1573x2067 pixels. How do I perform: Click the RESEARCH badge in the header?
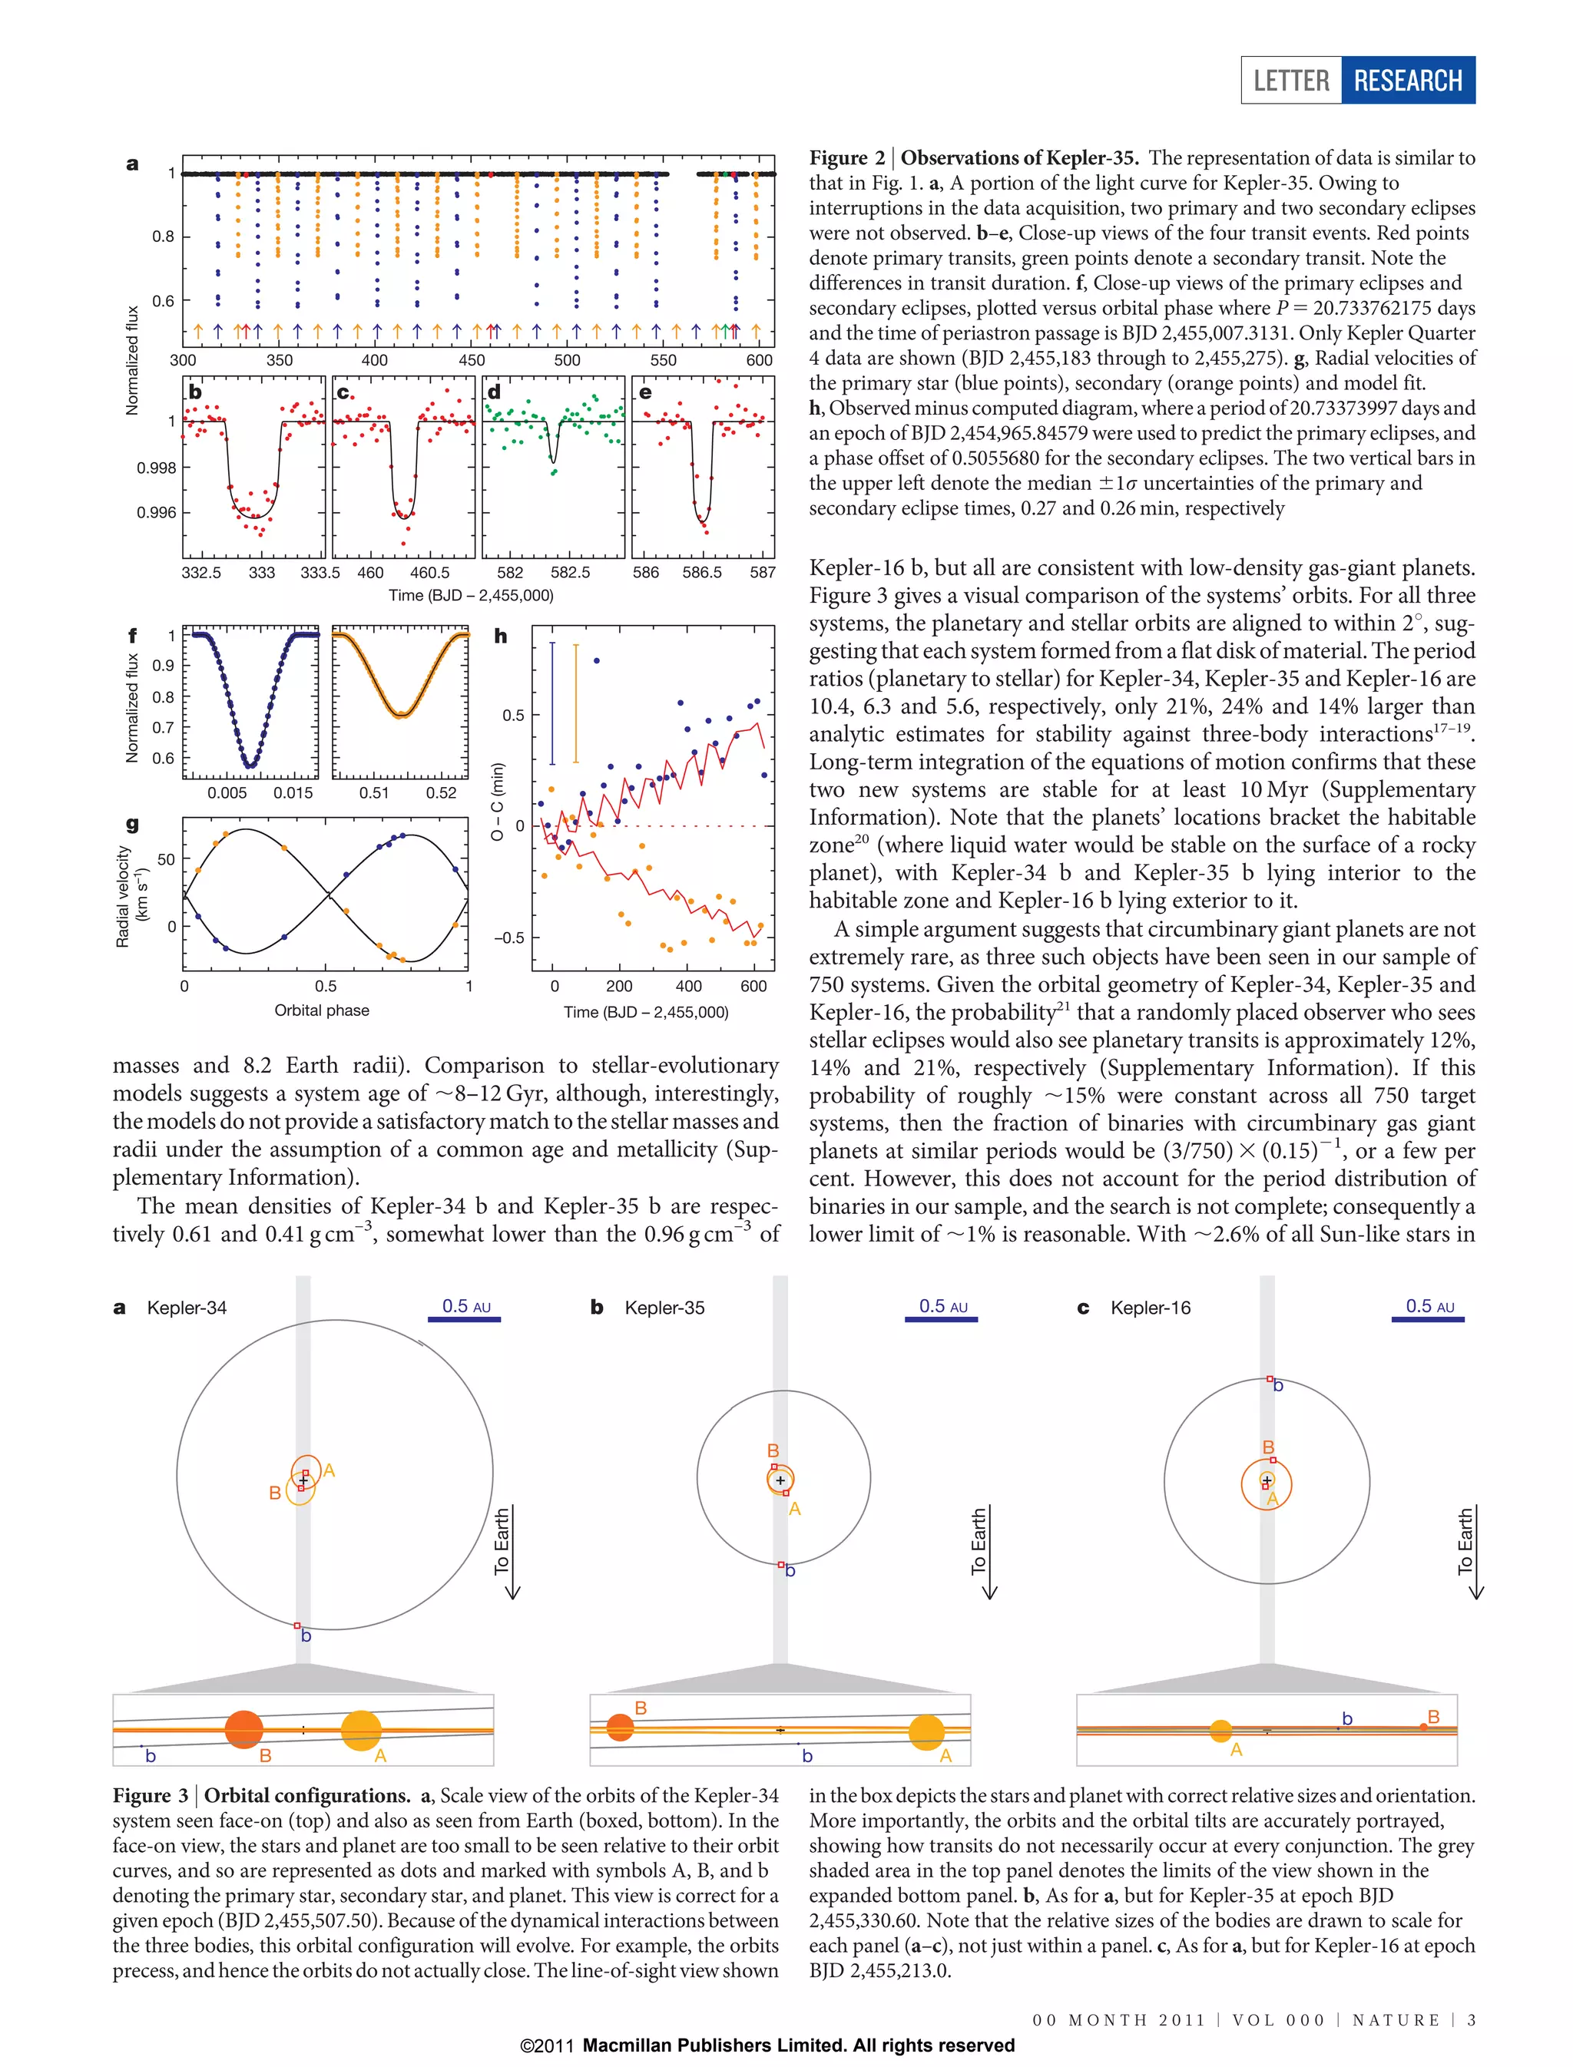(x=1407, y=81)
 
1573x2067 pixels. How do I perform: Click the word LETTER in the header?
(x=1291, y=81)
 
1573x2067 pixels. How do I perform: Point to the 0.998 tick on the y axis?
(x=157, y=467)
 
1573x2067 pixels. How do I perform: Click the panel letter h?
(x=501, y=637)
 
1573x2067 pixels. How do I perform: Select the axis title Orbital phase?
(x=321, y=1010)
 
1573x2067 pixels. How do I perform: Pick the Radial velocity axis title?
(x=123, y=897)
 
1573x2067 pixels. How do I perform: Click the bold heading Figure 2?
(x=846, y=157)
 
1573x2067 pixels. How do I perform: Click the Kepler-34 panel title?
(x=187, y=1308)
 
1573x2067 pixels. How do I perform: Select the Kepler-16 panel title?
(x=1150, y=1308)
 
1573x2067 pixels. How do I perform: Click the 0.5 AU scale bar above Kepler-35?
(x=941, y=1319)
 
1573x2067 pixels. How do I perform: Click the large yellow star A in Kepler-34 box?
(x=362, y=1731)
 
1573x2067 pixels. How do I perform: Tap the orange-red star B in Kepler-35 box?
(x=620, y=1727)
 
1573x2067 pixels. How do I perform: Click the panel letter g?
(x=132, y=824)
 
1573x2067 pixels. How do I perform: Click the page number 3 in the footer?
(x=1471, y=2019)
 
